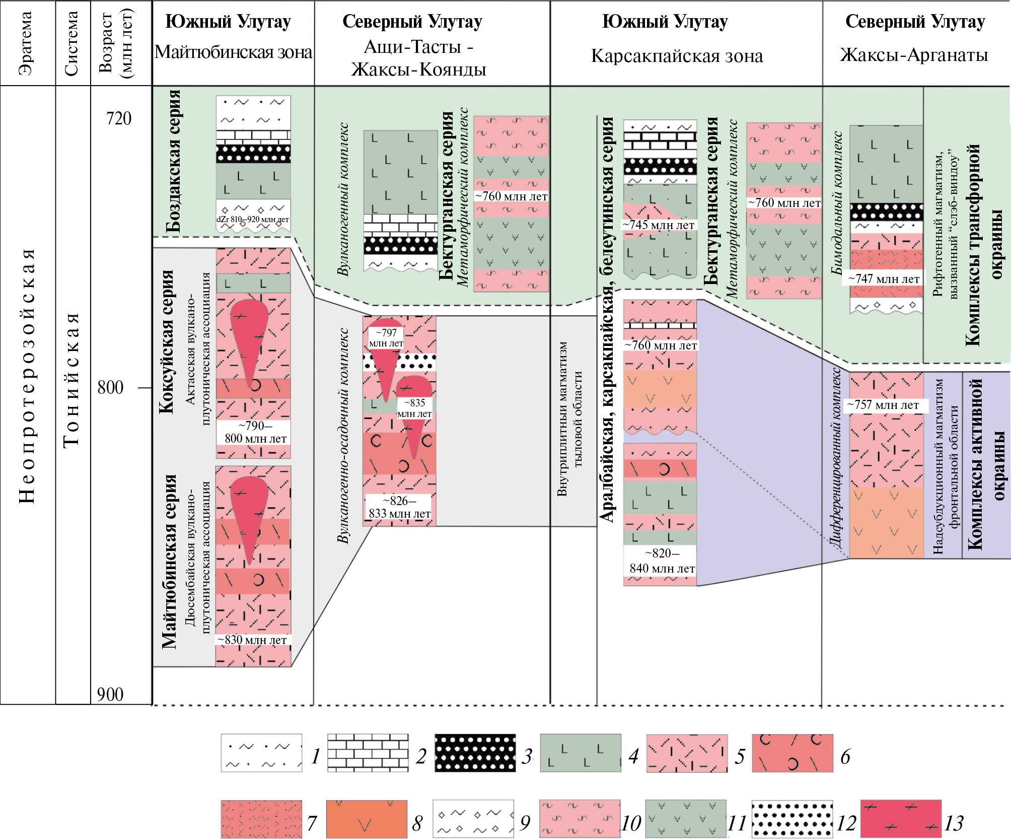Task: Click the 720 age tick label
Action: click(x=118, y=118)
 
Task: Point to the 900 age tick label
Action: click(x=110, y=694)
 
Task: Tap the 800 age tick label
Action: click(x=110, y=387)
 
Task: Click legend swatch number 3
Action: click(x=475, y=753)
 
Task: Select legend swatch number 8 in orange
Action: click(x=367, y=819)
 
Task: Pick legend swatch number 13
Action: click(x=901, y=819)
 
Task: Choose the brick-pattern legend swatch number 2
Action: click(x=368, y=753)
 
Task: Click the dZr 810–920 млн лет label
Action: click(x=253, y=220)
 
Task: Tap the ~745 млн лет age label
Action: click(x=659, y=225)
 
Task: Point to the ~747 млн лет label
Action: click(x=884, y=278)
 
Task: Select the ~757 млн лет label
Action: click(x=883, y=405)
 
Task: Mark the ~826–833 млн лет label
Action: click(x=400, y=507)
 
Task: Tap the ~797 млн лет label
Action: click(x=386, y=338)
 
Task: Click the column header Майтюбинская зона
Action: click(x=233, y=52)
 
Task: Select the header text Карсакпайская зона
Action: click(x=677, y=56)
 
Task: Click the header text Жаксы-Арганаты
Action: click(x=914, y=54)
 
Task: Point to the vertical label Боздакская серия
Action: click(x=173, y=161)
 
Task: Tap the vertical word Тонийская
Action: click(x=72, y=380)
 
